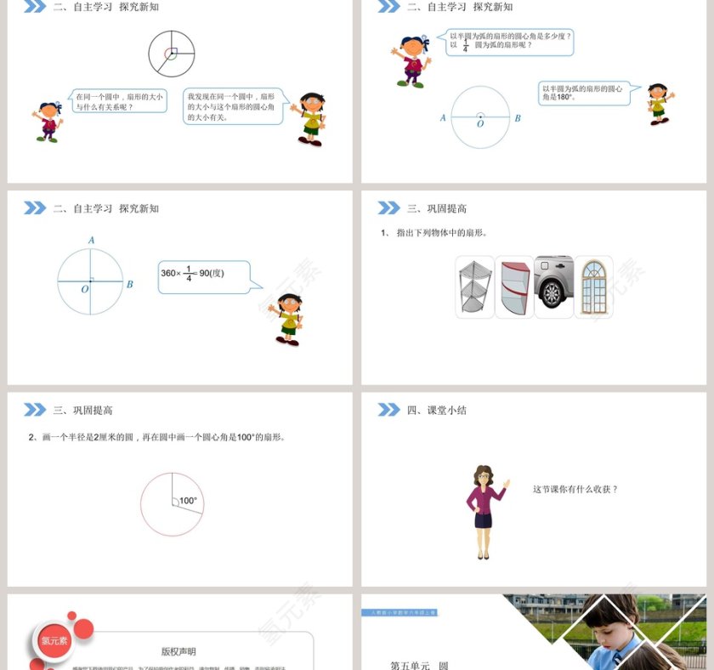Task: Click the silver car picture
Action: pyautogui.click(x=554, y=285)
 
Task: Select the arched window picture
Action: pyautogui.click(x=593, y=287)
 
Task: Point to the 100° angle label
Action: pyautogui.click(x=188, y=501)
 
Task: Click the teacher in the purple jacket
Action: pyautogui.click(x=484, y=511)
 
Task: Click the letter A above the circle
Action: pyautogui.click(x=91, y=241)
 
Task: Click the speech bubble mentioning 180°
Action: pyautogui.click(x=584, y=93)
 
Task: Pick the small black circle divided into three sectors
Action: pyautogui.click(x=172, y=54)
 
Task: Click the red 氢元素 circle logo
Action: pyautogui.click(x=54, y=640)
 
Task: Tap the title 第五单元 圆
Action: pyautogui.click(x=419, y=665)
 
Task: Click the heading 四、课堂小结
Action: pyautogui.click(x=437, y=410)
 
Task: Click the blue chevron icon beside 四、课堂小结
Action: pyautogui.click(x=388, y=410)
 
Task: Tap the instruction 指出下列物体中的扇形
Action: pyautogui.click(x=442, y=232)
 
